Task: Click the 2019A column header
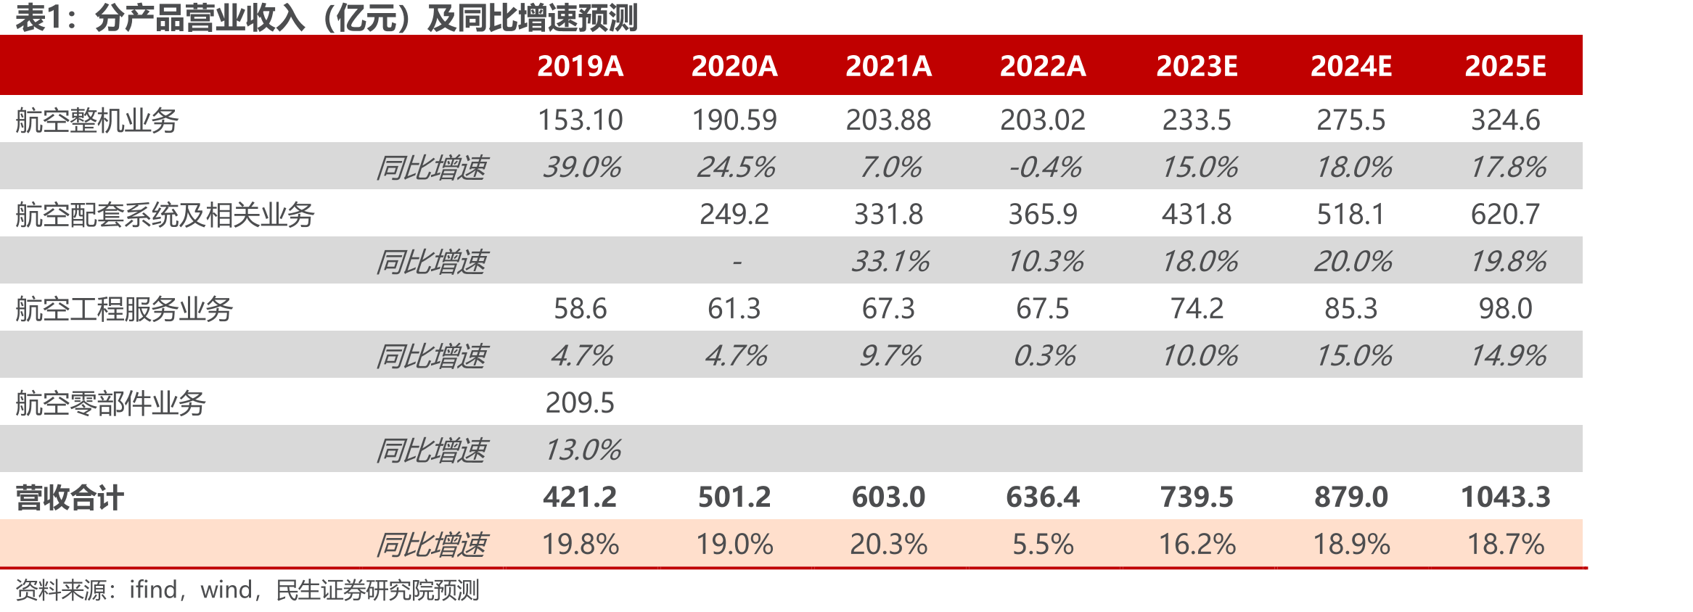pyautogui.click(x=580, y=66)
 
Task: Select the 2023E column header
pyautogui.click(x=1197, y=66)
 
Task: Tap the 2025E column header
pyautogui.click(x=1505, y=66)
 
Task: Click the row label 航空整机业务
pyautogui.click(x=97, y=120)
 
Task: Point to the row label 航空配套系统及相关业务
pyautogui.click(x=165, y=215)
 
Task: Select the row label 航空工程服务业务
pyautogui.click(x=124, y=309)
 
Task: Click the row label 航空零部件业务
pyautogui.click(x=110, y=403)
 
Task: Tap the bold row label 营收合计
pyautogui.click(x=70, y=497)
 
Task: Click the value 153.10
pyautogui.click(x=580, y=120)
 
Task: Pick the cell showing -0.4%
pyautogui.click(x=1044, y=168)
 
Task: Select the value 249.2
pyautogui.click(x=734, y=215)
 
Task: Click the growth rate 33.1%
pyautogui.click(x=890, y=262)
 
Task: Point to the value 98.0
pyautogui.click(x=1506, y=309)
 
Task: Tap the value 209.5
pyautogui.click(x=580, y=403)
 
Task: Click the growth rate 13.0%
pyautogui.click(x=582, y=450)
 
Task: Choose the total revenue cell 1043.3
pyautogui.click(x=1505, y=497)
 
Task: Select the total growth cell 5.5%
pyautogui.click(x=1043, y=545)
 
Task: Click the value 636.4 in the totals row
pyautogui.click(x=1043, y=497)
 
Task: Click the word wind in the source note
pyautogui.click(x=226, y=590)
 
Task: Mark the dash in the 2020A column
pyautogui.click(x=737, y=262)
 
